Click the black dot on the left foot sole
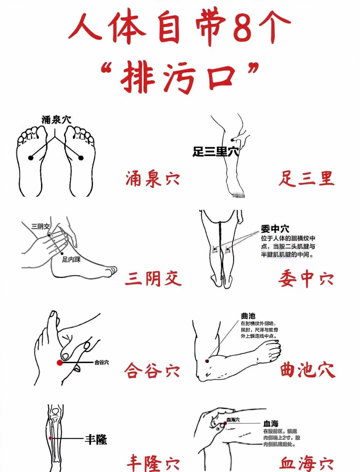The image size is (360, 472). click(x=31, y=158)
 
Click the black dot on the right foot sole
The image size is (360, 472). click(x=81, y=158)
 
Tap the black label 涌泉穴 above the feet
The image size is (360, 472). click(x=56, y=120)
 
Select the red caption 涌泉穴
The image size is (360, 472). click(x=153, y=178)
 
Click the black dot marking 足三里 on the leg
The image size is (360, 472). click(x=232, y=140)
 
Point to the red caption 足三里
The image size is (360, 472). click(x=306, y=178)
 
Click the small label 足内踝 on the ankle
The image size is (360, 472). click(x=71, y=260)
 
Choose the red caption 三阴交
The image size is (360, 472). click(x=153, y=278)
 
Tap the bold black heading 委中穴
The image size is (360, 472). click(x=275, y=229)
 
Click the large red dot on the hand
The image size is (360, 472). click(x=59, y=363)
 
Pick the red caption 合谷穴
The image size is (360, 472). click(x=152, y=370)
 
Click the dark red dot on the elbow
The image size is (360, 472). click(x=207, y=361)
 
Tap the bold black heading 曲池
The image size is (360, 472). click(x=248, y=316)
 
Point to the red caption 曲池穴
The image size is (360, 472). click(x=308, y=369)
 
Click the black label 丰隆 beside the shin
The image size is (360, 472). click(x=96, y=440)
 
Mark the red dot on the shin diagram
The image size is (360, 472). click(x=50, y=438)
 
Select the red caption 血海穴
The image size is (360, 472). click(x=306, y=463)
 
